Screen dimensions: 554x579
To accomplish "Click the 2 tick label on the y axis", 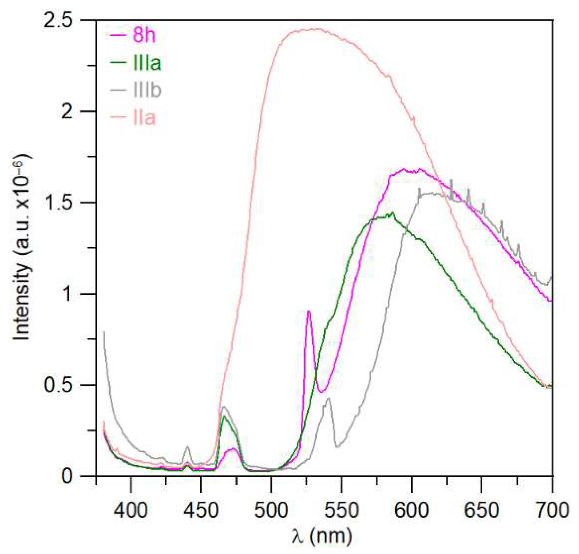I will [x=67, y=112].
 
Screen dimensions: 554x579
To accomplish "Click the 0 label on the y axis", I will [x=67, y=476].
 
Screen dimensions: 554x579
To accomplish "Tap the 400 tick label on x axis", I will [x=131, y=509].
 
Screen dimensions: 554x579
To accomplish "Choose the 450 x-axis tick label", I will [x=201, y=509].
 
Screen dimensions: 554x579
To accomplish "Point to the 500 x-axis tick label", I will [x=271, y=509].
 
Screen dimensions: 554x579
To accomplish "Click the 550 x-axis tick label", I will [x=341, y=509].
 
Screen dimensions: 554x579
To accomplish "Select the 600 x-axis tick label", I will [x=412, y=509].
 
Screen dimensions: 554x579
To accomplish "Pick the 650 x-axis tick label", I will [x=481, y=509].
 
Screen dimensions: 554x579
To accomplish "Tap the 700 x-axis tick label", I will [x=552, y=509].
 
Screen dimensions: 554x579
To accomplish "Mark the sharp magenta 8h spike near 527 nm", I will [x=308, y=311].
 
